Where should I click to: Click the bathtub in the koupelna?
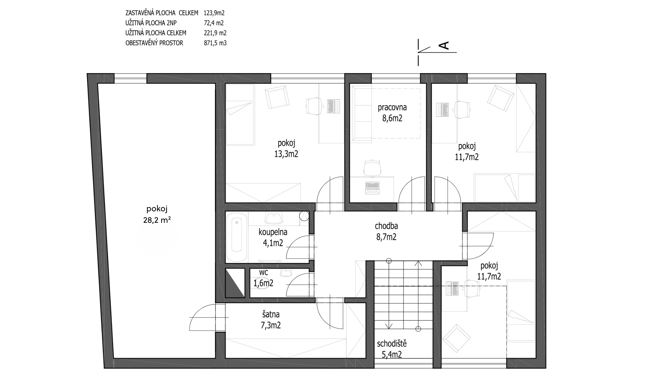(x=237, y=237)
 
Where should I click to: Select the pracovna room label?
(x=392, y=108)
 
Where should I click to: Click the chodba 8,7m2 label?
(x=386, y=231)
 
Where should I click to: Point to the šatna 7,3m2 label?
(x=271, y=320)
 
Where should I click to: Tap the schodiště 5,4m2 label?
(x=392, y=349)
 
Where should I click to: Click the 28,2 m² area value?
(x=157, y=220)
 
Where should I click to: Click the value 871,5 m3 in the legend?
(x=215, y=43)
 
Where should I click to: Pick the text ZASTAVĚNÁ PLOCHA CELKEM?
(x=162, y=13)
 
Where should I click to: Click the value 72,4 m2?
(x=214, y=23)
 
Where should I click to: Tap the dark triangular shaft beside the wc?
(x=235, y=283)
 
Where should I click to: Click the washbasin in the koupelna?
(x=274, y=219)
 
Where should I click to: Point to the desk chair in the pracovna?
(x=372, y=168)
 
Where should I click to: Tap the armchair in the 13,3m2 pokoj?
(x=277, y=98)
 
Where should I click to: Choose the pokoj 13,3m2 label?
(x=286, y=148)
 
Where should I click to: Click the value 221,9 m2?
(x=215, y=33)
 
